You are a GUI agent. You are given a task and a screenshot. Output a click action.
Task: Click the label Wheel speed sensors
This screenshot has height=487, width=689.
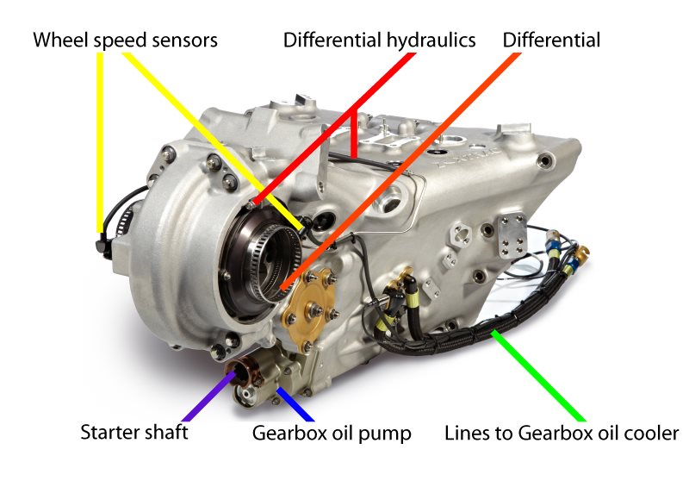[x=125, y=40]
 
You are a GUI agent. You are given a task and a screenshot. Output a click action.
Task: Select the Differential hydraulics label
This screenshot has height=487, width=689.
[x=379, y=40]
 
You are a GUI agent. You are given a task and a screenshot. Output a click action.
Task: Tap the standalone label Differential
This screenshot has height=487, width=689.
[x=551, y=40]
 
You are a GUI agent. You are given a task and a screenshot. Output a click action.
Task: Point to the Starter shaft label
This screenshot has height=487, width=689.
[x=134, y=432]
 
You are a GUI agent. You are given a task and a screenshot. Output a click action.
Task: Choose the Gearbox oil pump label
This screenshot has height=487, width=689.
[x=332, y=433]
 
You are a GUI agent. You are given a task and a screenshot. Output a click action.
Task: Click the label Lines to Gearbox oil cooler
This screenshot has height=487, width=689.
[x=562, y=433]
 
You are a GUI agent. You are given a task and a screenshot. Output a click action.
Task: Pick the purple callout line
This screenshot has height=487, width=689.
[x=209, y=396]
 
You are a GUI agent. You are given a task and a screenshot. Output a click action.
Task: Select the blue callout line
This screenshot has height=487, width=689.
[x=295, y=404]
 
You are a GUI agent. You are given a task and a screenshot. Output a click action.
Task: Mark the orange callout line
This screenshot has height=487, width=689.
[x=400, y=172]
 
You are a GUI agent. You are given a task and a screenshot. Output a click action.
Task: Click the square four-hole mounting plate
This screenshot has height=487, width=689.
[x=512, y=235]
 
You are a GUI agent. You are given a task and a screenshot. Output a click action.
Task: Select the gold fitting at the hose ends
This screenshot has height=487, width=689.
[x=582, y=253]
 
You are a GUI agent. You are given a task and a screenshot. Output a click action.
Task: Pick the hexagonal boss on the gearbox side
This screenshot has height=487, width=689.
[x=460, y=233]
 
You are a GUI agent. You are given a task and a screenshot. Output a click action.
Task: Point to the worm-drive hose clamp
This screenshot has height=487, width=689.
[x=126, y=215]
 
